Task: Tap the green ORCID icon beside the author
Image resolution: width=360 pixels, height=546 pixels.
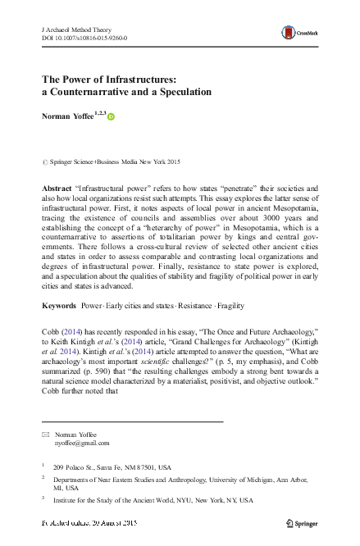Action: coord(112,117)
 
